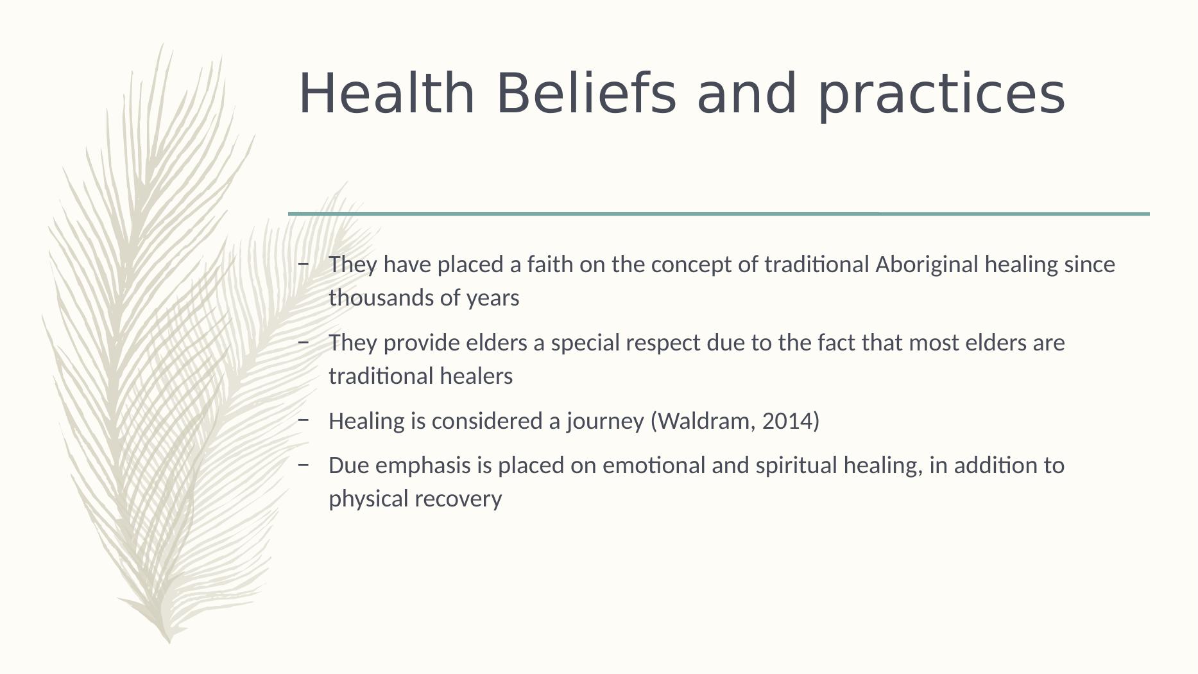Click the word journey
(x=605, y=422)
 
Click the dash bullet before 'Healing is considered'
(x=304, y=420)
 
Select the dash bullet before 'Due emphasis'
(x=304, y=464)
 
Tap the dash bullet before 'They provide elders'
(x=304, y=342)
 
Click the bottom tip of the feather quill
(x=169, y=643)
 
